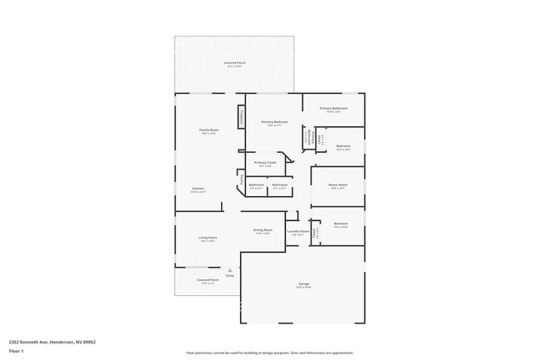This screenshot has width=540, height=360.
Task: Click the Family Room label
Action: tap(209, 130)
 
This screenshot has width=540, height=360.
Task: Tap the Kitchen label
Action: tap(198, 189)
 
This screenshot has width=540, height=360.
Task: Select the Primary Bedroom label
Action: tap(275, 122)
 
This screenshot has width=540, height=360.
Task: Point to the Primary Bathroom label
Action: tap(333, 109)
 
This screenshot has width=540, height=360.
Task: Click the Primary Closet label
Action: tap(265, 162)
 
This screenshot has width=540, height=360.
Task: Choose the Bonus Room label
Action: tap(337, 185)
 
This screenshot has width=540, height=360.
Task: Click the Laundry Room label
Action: tap(297, 231)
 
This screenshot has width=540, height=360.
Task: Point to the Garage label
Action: tap(303, 284)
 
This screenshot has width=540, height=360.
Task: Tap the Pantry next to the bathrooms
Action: tap(242, 179)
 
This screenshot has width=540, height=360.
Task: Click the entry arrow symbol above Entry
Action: tap(229, 269)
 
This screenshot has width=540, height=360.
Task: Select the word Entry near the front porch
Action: tap(229, 275)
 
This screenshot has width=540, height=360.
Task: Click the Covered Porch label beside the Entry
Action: tap(208, 280)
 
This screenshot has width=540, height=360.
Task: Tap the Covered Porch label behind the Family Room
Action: tap(234, 63)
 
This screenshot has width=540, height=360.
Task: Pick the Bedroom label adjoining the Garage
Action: tap(341, 224)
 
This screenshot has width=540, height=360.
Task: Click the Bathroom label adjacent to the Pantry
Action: tap(256, 185)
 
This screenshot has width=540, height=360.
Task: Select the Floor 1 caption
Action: tap(16, 350)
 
